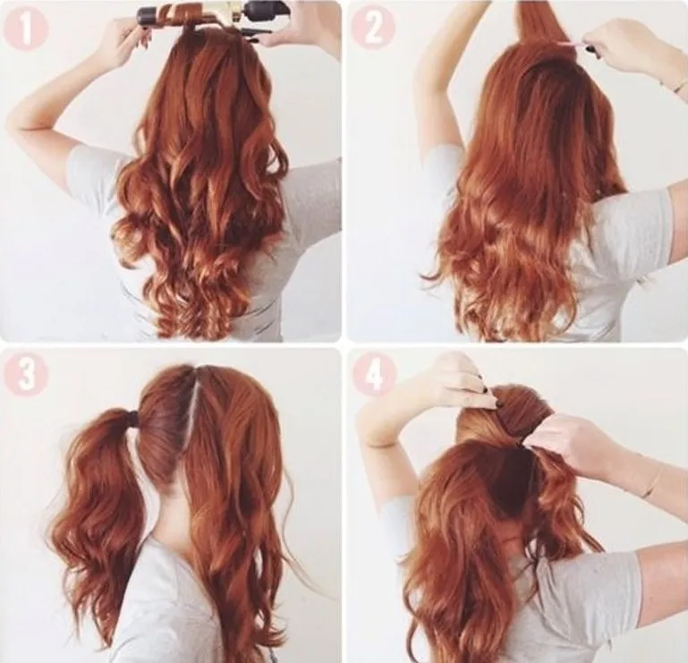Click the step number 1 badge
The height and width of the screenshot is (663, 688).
click(x=25, y=29)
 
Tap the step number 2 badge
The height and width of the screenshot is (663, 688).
click(x=373, y=28)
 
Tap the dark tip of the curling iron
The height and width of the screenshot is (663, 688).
click(x=145, y=17)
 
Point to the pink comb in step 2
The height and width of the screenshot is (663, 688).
click(x=571, y=44)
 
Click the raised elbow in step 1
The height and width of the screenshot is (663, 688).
click(x=18, y=123)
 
